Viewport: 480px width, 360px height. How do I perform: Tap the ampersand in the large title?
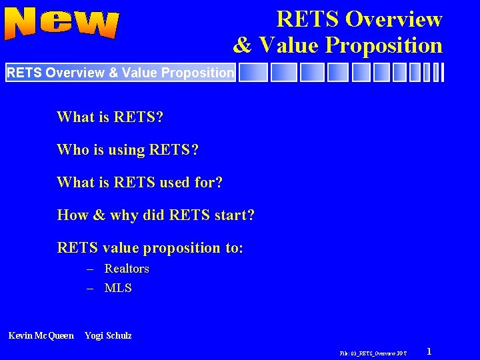(x=242, y=45)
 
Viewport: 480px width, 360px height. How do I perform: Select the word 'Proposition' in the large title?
(x=383, y=45)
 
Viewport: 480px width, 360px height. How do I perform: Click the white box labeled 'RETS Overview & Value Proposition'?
(x=121, y=72)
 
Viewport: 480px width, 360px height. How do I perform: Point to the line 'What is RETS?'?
(x=110, y=117)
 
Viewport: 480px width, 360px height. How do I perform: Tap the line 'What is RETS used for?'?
(x=139, y=182)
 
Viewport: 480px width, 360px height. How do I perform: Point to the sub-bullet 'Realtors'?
(x=127, y=269)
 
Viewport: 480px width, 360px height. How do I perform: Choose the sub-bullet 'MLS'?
(x=118, y=288)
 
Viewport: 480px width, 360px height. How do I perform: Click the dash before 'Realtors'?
(x=90, y=269)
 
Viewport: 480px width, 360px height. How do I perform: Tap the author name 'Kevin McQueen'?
(x=41, y=335)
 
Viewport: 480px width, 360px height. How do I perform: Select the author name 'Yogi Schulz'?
(x=108, y=335)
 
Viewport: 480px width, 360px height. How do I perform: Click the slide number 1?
(x=429, y=351)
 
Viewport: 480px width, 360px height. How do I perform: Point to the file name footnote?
(x=373, y=352)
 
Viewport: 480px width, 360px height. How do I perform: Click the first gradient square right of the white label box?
(x=253, y=72)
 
